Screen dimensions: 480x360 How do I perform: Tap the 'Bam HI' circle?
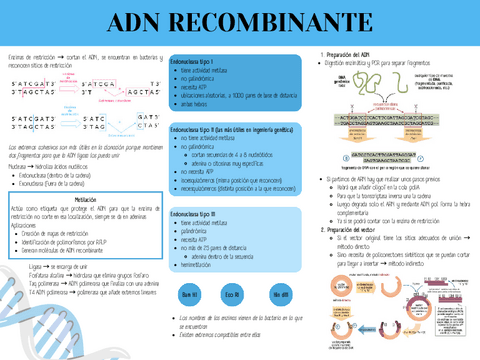point(190,268)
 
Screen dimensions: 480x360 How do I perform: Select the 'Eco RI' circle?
point(233,268)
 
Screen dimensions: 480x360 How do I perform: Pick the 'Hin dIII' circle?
point(279,268)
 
